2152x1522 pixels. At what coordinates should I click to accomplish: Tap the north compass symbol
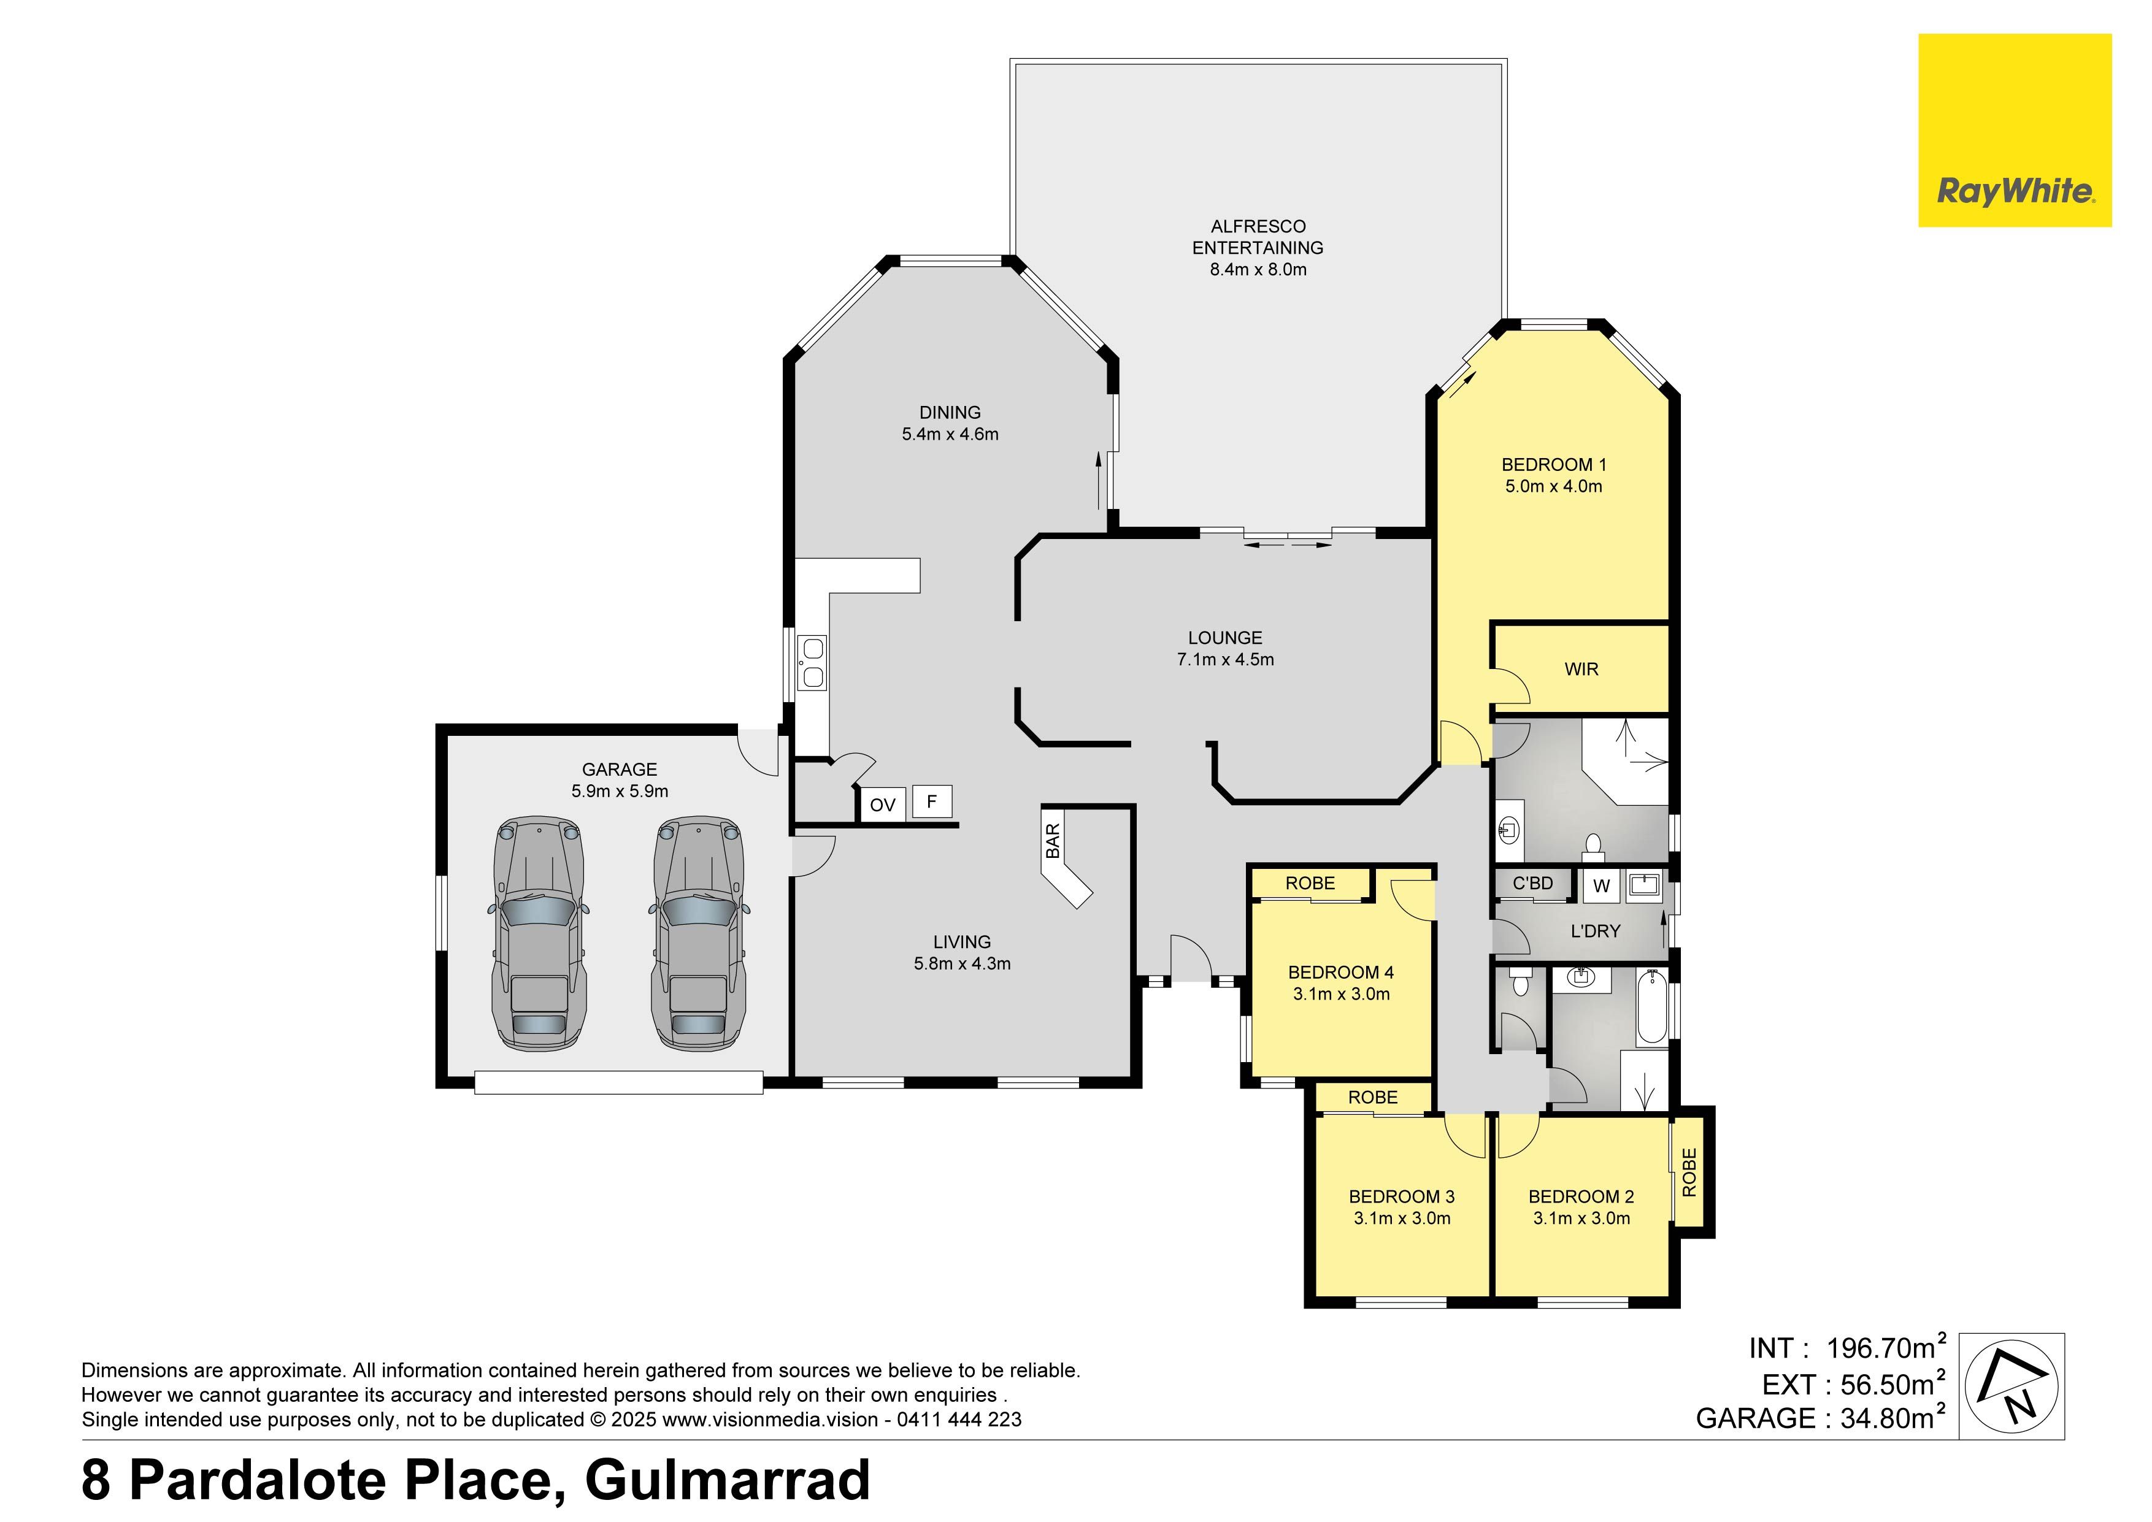[x=2012, y=1385]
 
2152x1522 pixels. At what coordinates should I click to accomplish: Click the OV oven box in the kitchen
[x=882, y=804]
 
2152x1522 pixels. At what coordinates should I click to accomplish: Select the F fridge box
[x=932, y=801]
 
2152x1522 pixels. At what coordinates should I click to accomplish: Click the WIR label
[x=1581, y=669]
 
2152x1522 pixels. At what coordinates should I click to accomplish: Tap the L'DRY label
[x=1594, y=931]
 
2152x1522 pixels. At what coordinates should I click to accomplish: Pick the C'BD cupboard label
[x=1532, y=883]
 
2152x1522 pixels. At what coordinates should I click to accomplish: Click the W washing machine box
[x=1601, y=885]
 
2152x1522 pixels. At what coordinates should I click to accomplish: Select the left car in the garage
[x=539, y=933]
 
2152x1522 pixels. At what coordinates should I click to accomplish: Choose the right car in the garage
[x=697, y=933]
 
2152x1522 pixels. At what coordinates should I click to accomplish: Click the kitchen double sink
[x=812, y=663]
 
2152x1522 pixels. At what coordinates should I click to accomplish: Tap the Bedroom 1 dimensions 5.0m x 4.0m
[x=1554, y=486]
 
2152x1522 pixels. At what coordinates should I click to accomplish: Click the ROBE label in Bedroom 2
[x=1689, y=1172]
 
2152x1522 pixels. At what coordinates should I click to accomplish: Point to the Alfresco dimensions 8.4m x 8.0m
[x=1258, y=269]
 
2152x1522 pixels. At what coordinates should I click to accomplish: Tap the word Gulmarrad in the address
[x=728, y=1480]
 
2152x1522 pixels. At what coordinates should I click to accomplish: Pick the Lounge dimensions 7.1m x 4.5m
[x=1225, y=659]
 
